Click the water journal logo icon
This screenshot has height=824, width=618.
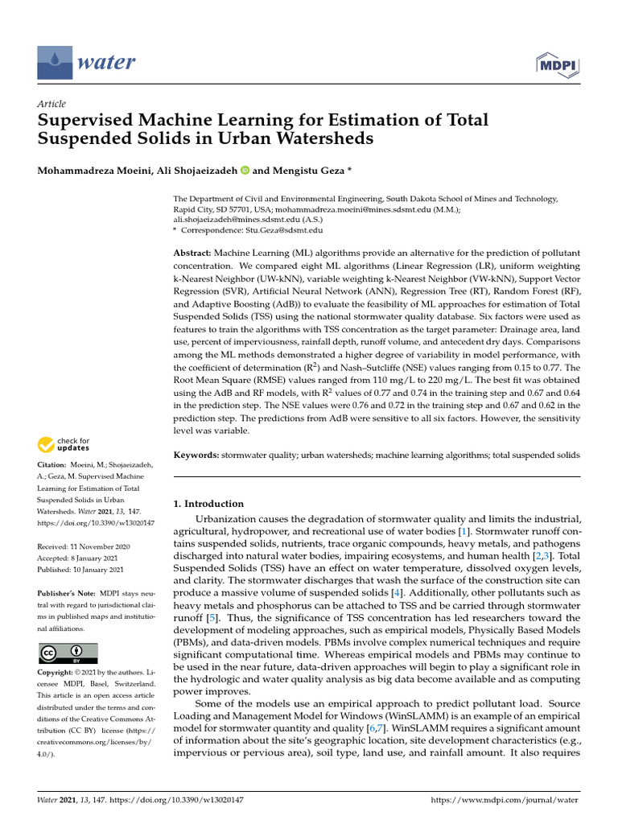coord(54,61)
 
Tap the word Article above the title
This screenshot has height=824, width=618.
coord(51,104)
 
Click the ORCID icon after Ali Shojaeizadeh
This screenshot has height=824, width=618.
coord(245,170)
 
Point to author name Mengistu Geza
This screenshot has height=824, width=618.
coord(307,170)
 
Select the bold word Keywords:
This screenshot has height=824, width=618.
coord(196,455)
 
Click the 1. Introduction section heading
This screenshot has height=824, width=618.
coord(208,504)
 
